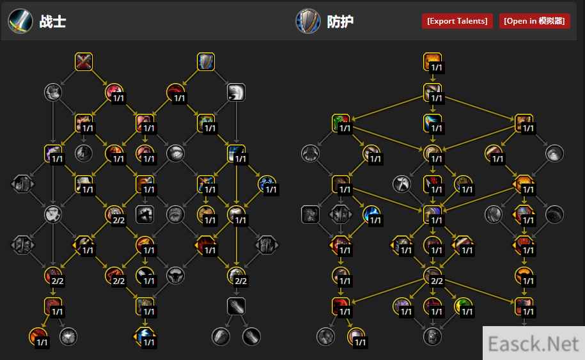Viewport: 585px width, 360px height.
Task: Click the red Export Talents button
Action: [457, 21]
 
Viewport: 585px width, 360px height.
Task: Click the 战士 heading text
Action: [52, 22]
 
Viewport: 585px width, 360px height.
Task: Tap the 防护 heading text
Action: [340, 22]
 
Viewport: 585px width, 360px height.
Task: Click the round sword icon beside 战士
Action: [20, 21]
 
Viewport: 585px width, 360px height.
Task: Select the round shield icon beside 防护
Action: [308, 21]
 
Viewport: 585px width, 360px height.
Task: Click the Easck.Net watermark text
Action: [533, 343]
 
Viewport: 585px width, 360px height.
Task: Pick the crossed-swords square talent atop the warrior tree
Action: [84, 61]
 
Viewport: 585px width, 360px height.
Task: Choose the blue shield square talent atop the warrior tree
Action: [206, 61]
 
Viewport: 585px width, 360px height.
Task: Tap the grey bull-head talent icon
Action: [175, 276]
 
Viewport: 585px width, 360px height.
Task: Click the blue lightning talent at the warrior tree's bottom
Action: [144, 336]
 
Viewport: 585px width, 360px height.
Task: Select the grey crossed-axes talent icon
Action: [402, 184]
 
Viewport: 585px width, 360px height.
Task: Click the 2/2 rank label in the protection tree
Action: [437, 281]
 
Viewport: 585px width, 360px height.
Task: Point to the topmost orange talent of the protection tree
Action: [432, 61]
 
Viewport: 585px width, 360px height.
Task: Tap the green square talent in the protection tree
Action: [341, 123]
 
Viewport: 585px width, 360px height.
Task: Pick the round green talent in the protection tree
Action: [463, 306]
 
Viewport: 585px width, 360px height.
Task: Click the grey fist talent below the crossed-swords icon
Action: [53, 92]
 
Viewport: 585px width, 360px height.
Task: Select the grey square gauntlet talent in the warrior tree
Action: [236, 306]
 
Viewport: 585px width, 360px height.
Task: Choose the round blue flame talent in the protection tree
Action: [371, 214]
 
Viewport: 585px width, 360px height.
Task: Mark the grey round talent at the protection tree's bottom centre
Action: [432, 336]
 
